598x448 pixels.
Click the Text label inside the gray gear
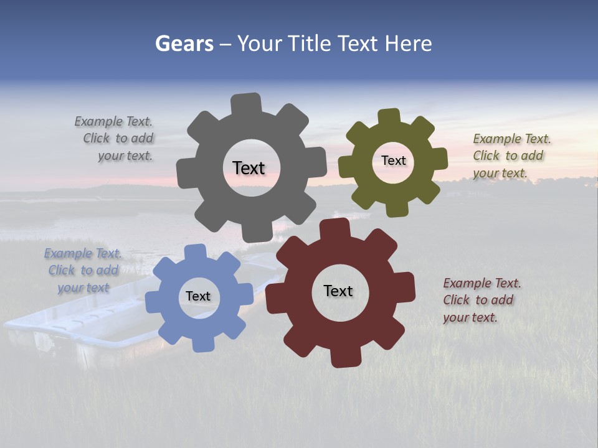(x=249, y=168)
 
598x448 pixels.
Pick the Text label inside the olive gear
(x=393, y=161)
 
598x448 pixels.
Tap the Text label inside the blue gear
(x=197, y=297)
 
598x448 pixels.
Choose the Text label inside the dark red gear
(x=338, y=291)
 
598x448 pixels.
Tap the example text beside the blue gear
(x=83, y=271)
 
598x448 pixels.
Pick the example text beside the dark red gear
(x=480, y=300)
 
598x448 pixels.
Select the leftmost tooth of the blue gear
(x=153, y=302)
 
